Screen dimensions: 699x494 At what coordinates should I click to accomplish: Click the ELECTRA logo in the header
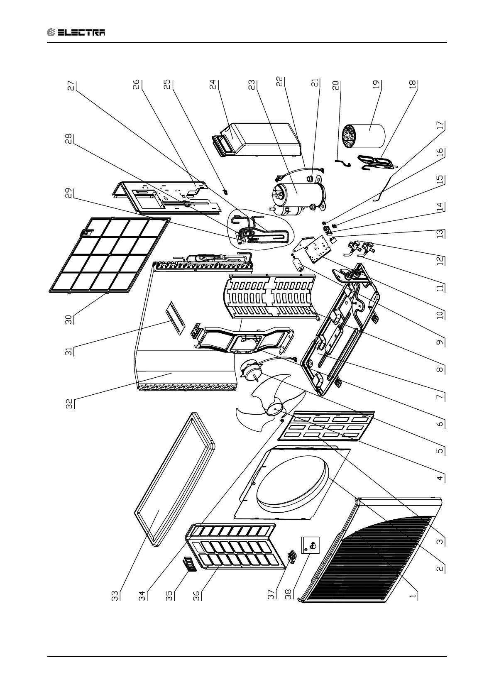coord(76,32)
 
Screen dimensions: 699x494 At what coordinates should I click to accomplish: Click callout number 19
coord(377,85)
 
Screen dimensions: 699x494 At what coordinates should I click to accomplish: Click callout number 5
coord(440,450)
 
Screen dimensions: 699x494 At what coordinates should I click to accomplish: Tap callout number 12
coord(440,259)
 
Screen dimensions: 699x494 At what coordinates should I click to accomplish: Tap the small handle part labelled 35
coord(189,565)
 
